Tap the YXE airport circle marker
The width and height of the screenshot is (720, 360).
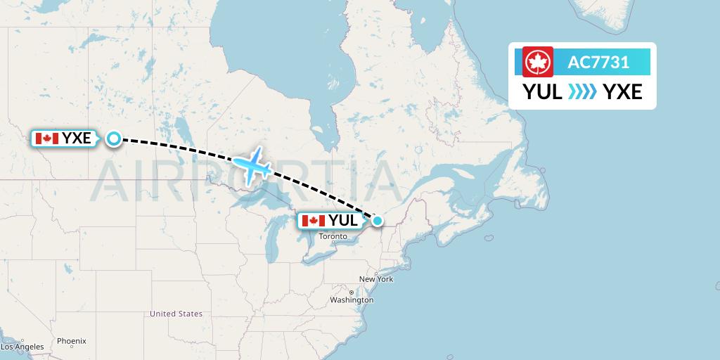pyautogui.click(x=114, y=139)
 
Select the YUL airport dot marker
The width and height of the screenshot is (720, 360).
pyautogui.click(x=378, y=221)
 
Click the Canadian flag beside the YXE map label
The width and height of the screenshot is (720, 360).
pyautogui.click(x=47, y=139)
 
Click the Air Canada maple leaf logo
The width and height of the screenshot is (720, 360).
pyautogui.click(x=538, y=62)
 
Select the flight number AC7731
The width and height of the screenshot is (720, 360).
pyautogui.click(x=598, y=63)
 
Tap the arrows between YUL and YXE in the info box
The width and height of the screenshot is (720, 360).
pyautogui.click(x=582, y=92)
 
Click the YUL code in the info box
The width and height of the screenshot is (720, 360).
pyautogui.click(x=542, y=92)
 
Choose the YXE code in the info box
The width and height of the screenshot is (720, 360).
pyautogui.click(x=623, y=92)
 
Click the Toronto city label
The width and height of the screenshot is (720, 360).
pyautogui.click(x=333, y=237)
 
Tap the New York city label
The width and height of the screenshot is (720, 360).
pyautogui.click(x=376, y=280)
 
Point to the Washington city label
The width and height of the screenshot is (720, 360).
pyautogui.click(x=352, y=300)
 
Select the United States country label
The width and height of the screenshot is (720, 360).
pyautogui.click(x=176, y=314)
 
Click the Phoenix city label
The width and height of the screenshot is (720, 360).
pyautogui.click(x=71, y=341)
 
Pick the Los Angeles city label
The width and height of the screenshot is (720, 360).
pyautogui.click(x=22, y=347)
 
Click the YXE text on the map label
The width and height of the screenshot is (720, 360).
pyautogui.click(x=77, y=139)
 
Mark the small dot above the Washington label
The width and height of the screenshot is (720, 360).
pyautogui.click(x=352, y=292)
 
